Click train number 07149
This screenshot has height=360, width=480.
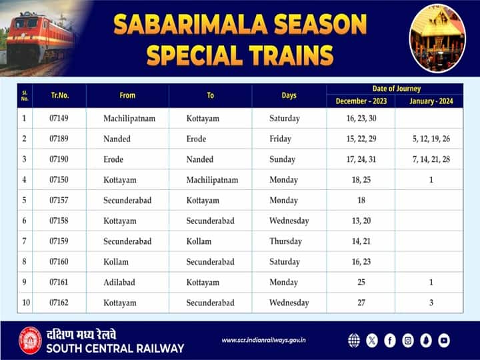(x=59, y=119)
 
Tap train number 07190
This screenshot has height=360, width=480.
(x=59, y=159)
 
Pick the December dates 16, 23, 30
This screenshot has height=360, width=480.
(x=361, y=119)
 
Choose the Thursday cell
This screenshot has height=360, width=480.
(x=285, y=241)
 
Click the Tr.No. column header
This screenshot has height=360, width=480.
(x=59, y=95)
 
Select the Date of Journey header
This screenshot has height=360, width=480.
(x=396, y=89)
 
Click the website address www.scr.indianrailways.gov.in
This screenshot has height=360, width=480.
(x=264, y=341)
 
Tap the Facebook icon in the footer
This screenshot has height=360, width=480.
(x=390, y=341)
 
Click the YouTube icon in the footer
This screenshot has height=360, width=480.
(x=444, y=341)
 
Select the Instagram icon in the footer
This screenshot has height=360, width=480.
(x=408, y=341)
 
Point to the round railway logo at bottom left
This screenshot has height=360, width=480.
(x=30, y=340)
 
